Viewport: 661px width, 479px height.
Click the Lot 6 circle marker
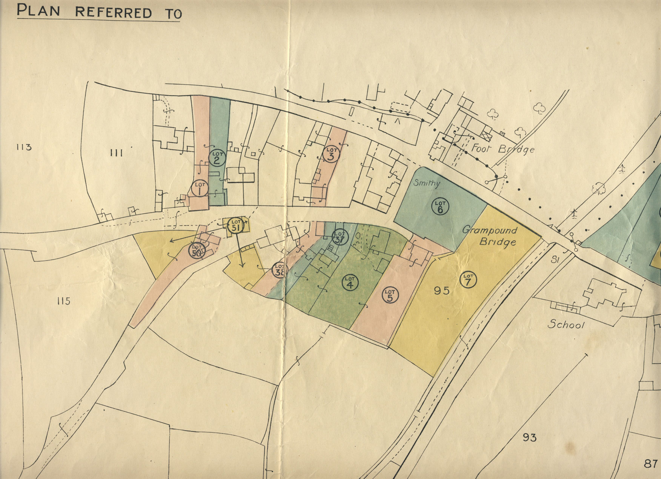pos(440,206)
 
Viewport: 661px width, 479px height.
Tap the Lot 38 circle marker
pos(280,270)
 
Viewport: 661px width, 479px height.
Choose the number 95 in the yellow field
pos(442,291)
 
